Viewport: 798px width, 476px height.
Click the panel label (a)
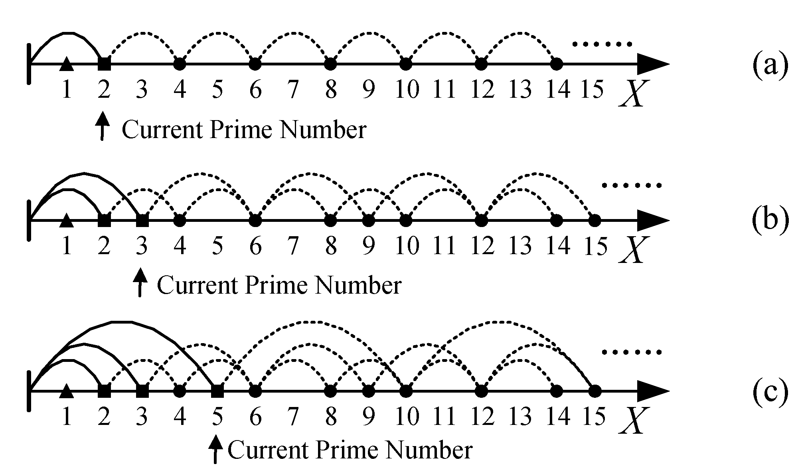[x=770, y=65]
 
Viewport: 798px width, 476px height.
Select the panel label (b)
[x=770, y=220]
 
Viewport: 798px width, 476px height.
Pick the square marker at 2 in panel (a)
[x=104, y=64]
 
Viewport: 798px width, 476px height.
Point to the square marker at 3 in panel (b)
[x=142, y=220]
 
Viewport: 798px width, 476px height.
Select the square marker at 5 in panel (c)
[x=217, y=391]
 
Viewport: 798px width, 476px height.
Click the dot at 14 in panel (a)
[x=556, y=64]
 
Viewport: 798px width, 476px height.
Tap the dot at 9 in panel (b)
[x=368, y=220]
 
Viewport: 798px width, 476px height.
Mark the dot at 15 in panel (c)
[x=595, y=391]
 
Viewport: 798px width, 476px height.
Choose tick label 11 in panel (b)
[x=444, y=245]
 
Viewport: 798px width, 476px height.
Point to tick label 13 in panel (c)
[x=520, y=417]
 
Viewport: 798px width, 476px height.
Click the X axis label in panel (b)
[x=632, y=249]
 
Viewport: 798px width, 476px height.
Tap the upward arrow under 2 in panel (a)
[x=103, y=125]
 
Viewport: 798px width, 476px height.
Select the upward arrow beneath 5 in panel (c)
[x=216, y=449]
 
